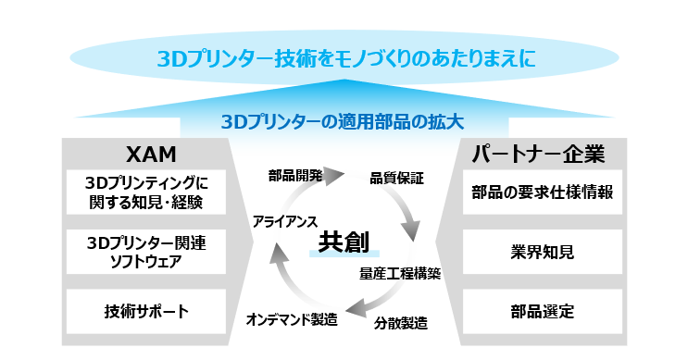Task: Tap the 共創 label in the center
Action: tap(344, 242)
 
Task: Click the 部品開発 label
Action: tap(295, 175)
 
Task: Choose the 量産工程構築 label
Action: tap(400, 274)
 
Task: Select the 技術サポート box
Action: tap(146, 311)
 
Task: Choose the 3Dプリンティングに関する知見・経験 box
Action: tap(146, 192)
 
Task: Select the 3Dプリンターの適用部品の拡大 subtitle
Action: tap(343, 121)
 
